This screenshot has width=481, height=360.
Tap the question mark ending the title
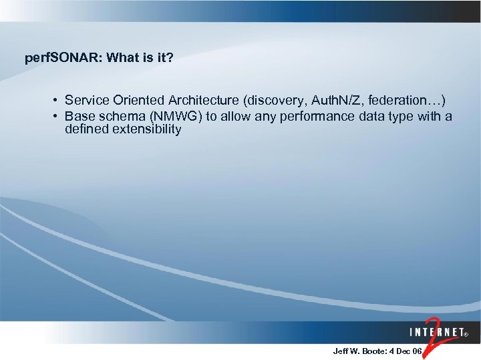point(170,58)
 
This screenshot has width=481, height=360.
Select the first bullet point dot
point(54,101)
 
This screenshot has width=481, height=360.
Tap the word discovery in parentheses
point(271,101)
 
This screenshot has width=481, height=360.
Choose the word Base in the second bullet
point(78,117)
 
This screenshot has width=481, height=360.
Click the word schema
point(118,117)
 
